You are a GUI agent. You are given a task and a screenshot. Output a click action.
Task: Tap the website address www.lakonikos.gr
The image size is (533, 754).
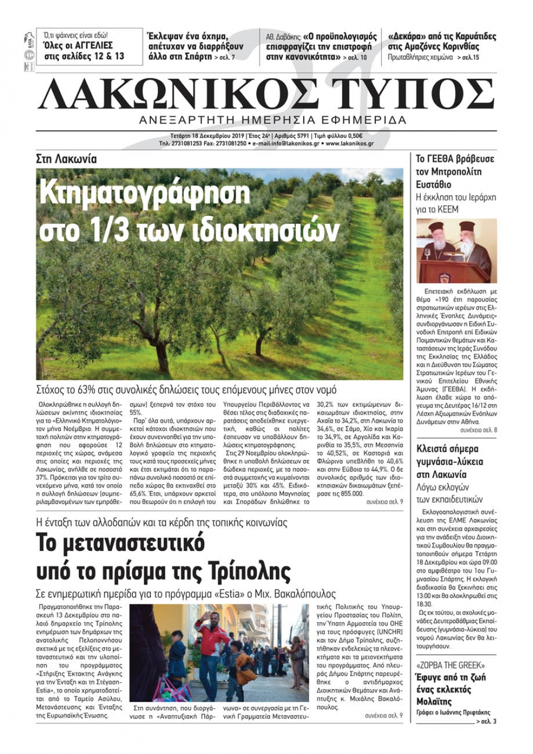pos(350,143)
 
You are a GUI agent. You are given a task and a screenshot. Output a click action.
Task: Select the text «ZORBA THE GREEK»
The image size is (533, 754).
pos(450,666)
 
